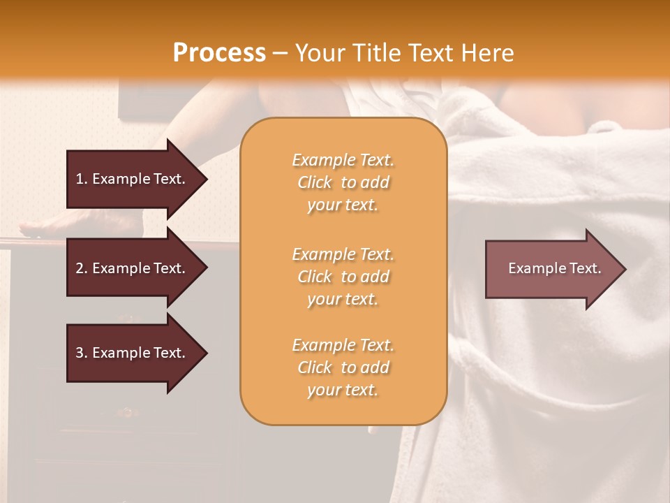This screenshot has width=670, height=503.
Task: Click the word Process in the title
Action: click(219, 53)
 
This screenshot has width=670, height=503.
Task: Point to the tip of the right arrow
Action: click(625, 269)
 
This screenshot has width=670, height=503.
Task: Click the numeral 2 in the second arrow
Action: click(80, 268)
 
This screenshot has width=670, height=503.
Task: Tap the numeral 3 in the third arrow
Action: click(80, 353)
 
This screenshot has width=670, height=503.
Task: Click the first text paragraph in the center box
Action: click(343, 182)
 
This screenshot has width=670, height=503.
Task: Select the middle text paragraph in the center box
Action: click(343, 277)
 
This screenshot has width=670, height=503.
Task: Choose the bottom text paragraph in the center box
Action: click(343, 367)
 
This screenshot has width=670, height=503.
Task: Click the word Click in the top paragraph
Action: click(315, 182)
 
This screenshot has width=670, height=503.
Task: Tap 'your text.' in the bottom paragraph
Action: click(343, 391)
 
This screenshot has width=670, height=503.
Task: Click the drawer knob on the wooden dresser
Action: click(126, 411)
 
